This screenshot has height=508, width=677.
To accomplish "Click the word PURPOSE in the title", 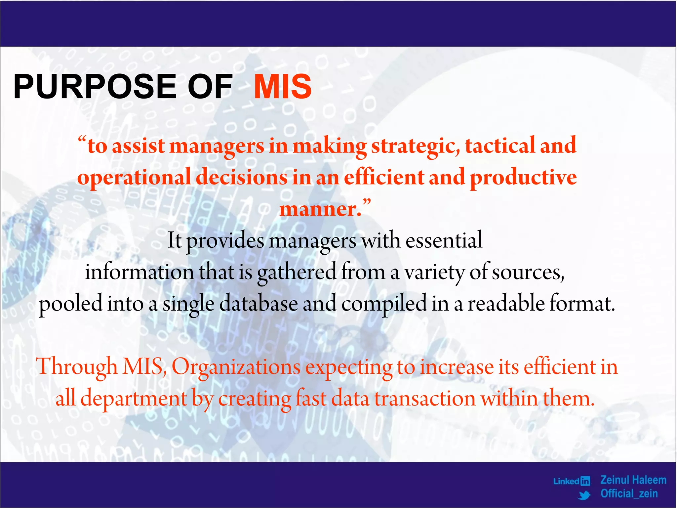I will [x=95, y=87].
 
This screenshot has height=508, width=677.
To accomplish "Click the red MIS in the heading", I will [x=283, y=87].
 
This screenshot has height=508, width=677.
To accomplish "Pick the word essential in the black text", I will [x=444, y=240].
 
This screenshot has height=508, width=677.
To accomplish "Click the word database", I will [x=259, y=304].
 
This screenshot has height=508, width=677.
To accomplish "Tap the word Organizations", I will [x=236, y=367].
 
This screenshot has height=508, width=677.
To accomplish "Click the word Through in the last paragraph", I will [x=77, y=367].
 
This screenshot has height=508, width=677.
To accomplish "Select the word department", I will [x=134, y=399].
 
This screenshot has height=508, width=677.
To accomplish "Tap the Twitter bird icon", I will [x=584, y=495].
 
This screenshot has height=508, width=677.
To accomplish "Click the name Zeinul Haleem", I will [x=633, y=480].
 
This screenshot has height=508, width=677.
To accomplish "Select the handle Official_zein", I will [x=629, y=494].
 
